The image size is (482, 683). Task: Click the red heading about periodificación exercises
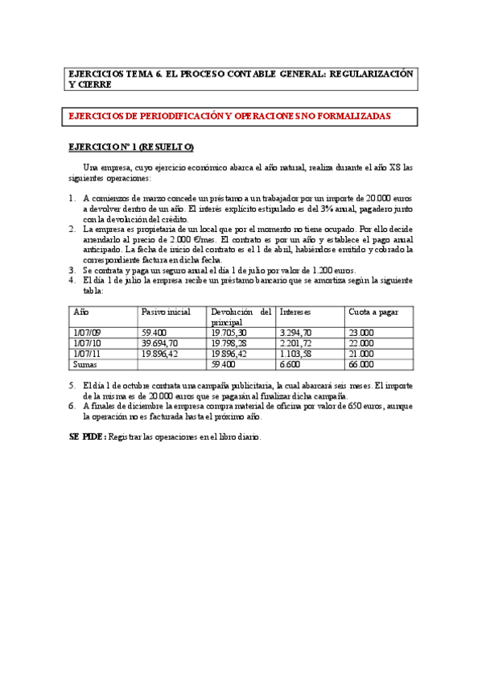click(x=230, y=116)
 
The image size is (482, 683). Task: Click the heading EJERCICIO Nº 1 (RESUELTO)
click(x=130, y=147)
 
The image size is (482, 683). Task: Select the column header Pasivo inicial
click(x=164, y=310)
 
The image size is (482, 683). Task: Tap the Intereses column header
click(x=295, y=310)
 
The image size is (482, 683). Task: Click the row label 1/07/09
click(x=88, y=331)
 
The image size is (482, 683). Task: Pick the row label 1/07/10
click(x=88, y=341)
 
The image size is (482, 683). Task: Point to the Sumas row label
click(x=86, y=362)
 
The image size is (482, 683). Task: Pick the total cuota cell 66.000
click(x=361, y=362)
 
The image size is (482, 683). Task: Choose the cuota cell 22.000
click(x=361, y=341)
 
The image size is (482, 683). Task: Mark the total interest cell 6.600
click(x=290, y=362)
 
